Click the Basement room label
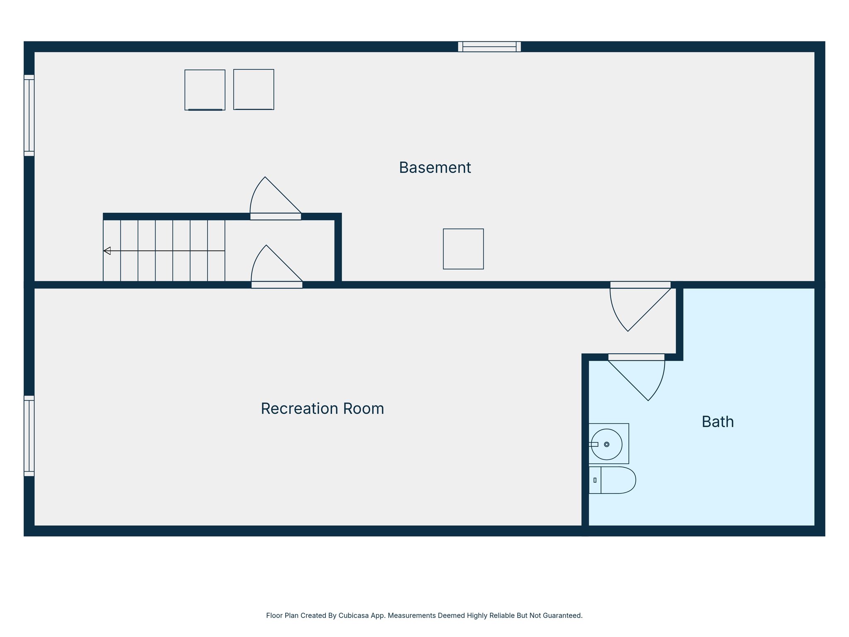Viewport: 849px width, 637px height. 434,168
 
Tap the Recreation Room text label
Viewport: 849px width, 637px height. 322,408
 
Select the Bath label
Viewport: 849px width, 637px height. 718,422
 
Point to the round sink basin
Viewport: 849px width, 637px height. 606,444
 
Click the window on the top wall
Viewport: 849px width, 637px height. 489,46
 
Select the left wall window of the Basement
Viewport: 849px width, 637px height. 29,115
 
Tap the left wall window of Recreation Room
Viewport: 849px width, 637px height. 29,435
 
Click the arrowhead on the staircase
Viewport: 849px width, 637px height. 107,250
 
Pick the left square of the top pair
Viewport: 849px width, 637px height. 205,90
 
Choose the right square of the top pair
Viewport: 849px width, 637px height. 254,89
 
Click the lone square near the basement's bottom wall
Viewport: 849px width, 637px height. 463,249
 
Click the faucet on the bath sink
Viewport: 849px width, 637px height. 594,444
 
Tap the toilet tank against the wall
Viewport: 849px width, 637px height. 595,480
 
